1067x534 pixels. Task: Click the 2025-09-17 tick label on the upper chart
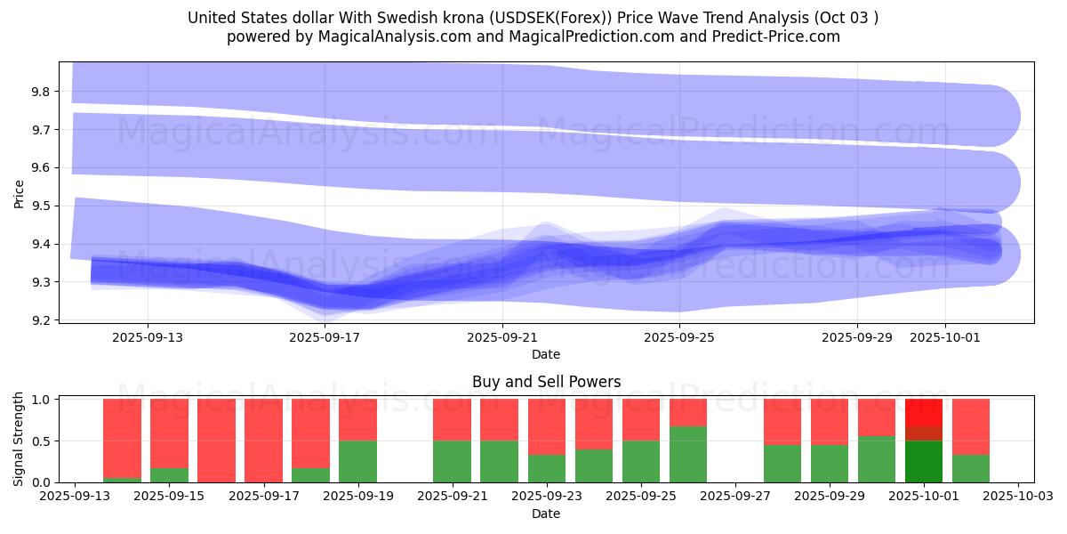325,337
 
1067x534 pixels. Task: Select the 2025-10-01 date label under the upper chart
944,337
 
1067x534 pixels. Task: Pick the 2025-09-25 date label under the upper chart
679,337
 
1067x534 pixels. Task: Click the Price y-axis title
20,192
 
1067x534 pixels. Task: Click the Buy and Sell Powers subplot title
546,382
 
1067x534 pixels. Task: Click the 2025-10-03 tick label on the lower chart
1017,497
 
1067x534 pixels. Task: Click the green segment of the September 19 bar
357,461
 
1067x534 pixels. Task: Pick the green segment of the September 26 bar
688,454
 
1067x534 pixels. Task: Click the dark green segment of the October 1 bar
924,461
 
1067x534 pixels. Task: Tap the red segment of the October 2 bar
971,426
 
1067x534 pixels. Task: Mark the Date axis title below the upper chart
546,354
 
